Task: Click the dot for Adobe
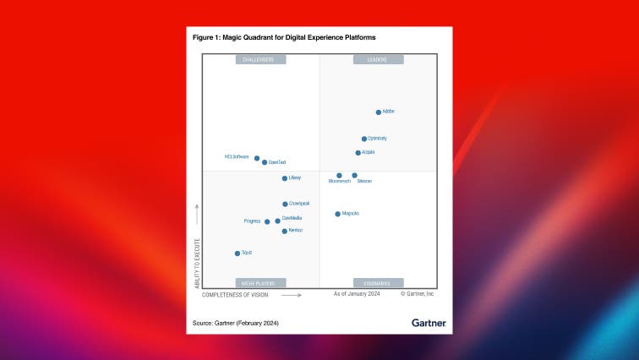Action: [x=378, y=112]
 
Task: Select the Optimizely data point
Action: [x=364, y=139]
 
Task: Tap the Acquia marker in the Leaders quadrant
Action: [x=358, y=153]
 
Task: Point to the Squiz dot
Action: [x=238, y=253]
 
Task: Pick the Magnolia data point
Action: [x=337, y=214]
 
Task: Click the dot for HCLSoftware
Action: [x=257, y=158]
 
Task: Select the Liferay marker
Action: [x=284, y=178]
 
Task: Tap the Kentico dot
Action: [x=284, y=231]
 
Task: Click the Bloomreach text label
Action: [x=339, y=182]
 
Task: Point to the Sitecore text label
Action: [x=364, y=182]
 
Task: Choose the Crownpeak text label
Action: [x=299, y=204]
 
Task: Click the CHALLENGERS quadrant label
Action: [x=260, y=60]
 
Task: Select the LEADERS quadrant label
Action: [x=378, y=60]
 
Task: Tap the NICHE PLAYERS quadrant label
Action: [x=260, y=283]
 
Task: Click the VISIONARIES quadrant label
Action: [x=378, y=283]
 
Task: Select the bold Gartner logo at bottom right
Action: [x=429, y=323]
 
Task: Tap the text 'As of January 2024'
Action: [x=357, y=294]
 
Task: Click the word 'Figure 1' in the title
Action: [x=207, y=38]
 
